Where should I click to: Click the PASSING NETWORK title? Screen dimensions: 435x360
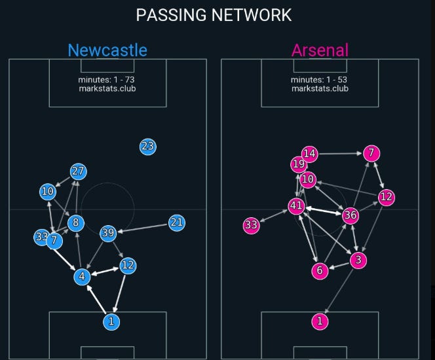pos(214,15)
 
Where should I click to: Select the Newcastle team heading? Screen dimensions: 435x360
pos(107,50)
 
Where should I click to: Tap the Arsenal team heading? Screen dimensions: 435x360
pos(320,50)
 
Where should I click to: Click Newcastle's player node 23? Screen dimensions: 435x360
pos(147,147)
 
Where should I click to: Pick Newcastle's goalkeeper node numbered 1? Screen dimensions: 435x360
pos(112,321)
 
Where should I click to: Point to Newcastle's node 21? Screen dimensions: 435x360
pos(176,223)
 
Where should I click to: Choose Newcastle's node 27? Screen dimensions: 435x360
pos(79,171)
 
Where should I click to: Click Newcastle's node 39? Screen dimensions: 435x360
pos(108,234)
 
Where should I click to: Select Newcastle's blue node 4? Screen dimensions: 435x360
pos(82,277)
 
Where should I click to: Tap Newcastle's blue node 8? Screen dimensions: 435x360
pos(76,223)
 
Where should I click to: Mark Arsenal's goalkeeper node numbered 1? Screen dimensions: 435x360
pos(320,321)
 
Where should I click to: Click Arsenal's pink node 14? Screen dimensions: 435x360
pos(310,154)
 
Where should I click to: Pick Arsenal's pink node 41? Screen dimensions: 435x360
pos(297,207)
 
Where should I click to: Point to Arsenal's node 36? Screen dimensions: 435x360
pos(350,215)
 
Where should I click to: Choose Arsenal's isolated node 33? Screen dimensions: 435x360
pos(251,226)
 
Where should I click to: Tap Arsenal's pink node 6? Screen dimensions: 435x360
pos(320,271)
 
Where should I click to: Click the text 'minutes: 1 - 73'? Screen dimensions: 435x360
pos(107,80)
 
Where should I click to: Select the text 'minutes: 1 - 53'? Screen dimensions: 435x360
pos(320,80)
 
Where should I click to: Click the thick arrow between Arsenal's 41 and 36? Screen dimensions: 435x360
pos(324,211)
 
